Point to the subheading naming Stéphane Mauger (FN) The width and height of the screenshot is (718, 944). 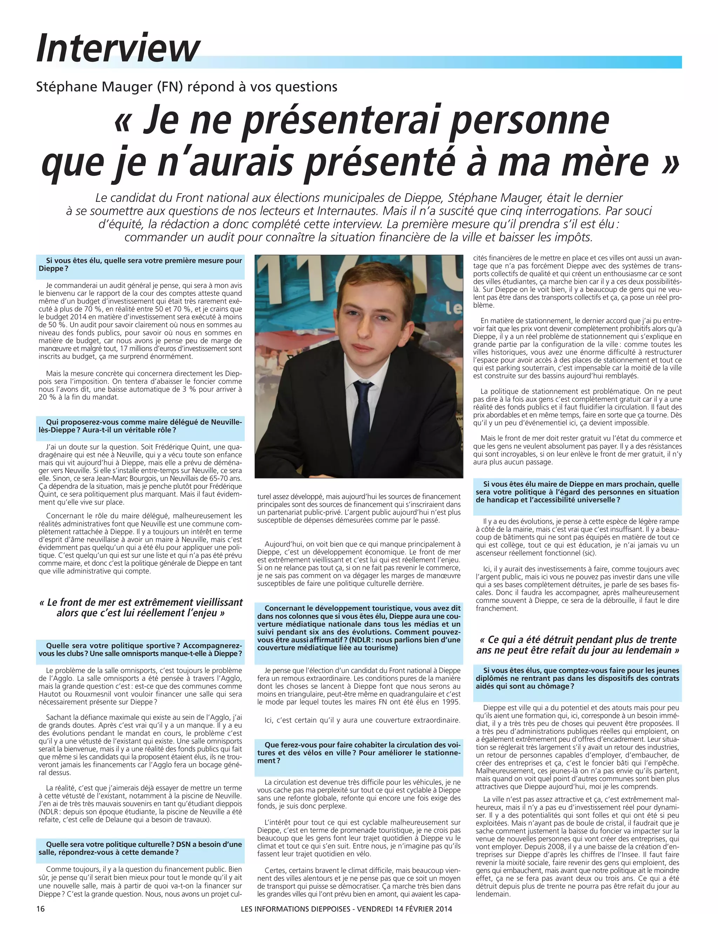187,87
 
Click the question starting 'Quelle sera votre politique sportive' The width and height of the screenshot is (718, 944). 140,650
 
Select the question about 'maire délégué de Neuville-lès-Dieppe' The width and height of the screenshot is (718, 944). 140,426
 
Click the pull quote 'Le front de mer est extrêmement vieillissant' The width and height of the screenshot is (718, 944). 140,607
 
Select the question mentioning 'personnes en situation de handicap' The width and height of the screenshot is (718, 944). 577,492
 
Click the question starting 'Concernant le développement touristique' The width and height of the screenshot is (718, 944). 359,628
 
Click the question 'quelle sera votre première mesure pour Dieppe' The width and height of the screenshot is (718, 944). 140,265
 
